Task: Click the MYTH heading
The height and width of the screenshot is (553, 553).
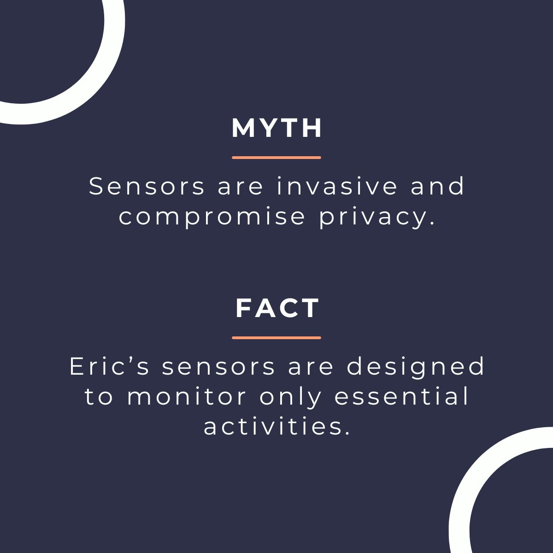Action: click(x=276, y=129)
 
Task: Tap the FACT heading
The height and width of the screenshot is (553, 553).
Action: click(x=277, y=308)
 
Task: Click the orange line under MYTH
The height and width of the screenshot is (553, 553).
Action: click(x=276, y=158)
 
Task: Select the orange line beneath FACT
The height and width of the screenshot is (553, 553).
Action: click(x=276, y=338)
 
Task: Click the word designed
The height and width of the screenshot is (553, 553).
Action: click(x=416, y=367)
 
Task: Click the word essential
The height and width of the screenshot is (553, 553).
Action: click(x=401, y=397)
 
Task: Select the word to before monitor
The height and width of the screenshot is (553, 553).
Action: click(x=99, y=397)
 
